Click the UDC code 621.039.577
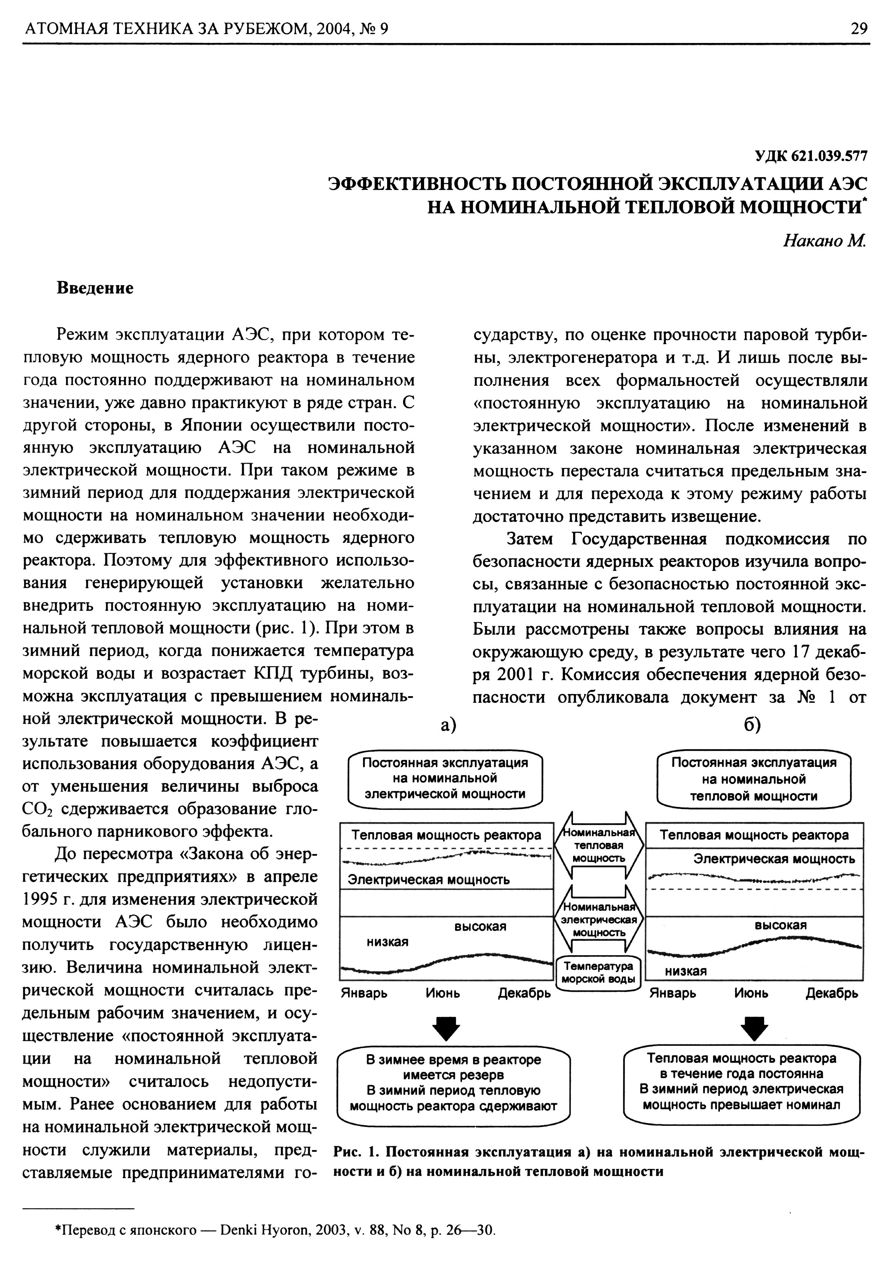click(810, 157)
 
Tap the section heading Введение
click(95, 288)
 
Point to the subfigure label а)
click(448, 725)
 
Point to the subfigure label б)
click(753, 725)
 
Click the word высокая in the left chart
click(480, 927)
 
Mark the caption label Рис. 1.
click(356, 1153)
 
